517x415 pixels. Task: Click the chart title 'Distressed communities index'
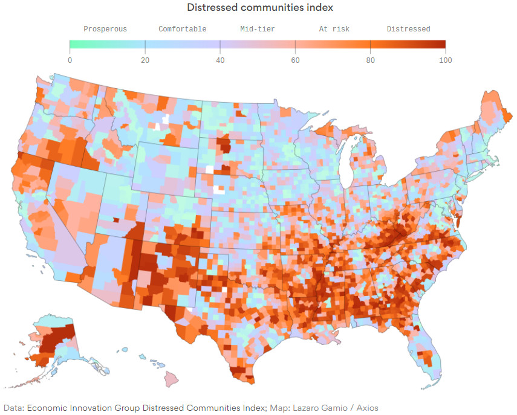(x=260, y=8)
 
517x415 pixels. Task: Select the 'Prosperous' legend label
(x=105, y=29)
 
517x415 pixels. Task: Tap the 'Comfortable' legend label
(x=182, y=29)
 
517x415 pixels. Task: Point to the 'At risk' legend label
(x=334, y=29)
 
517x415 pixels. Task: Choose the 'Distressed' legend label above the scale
(x=408, y=29)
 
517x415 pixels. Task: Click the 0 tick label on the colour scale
(x=70, y=60)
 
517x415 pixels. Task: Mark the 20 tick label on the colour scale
(x=145, y=60)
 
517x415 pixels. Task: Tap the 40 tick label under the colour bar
(x=220, y=60)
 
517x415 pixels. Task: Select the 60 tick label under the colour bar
(x=295, y=60)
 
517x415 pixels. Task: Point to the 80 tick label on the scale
(x=370, y=60)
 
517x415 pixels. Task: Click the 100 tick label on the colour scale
(x=445, y=60)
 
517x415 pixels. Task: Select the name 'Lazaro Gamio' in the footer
(x=314, y=408)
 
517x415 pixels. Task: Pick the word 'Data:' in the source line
(x=13, y=408)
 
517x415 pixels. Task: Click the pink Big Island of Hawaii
(x=171, y=379)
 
